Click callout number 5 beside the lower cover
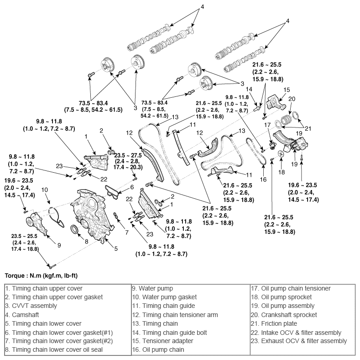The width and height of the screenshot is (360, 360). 116,249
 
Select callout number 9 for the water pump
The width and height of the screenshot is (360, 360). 59,245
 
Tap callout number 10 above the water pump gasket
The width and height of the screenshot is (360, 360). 45,190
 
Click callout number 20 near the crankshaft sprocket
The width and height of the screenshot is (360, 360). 292,99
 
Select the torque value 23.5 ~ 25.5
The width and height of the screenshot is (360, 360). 25,236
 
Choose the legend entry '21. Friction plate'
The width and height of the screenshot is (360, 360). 279,323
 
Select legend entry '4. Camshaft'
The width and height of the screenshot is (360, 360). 23,315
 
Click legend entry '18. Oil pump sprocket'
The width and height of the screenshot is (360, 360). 287,297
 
